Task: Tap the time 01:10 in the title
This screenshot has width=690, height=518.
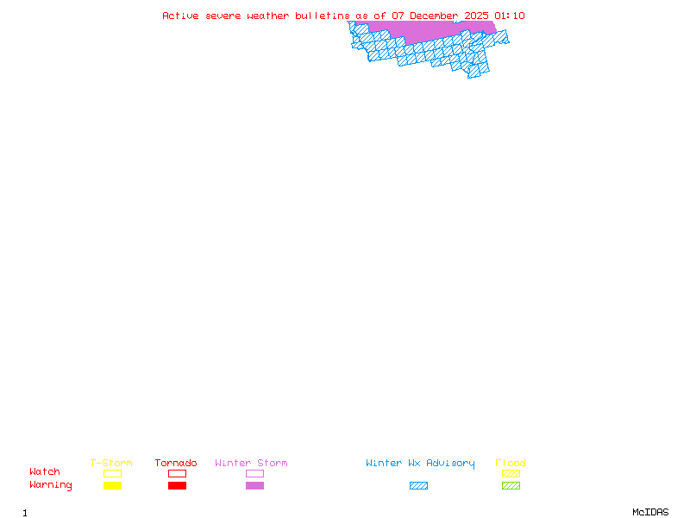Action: tap(510, 16)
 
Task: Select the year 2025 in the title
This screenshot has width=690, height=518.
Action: tap(476, 16)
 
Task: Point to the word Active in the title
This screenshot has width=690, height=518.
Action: tap(181, 16)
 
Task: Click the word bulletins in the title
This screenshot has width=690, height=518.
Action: tap(323, 16)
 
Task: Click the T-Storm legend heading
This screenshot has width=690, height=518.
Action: tap(111, 464)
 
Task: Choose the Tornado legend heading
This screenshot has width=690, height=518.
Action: tap(176, 464)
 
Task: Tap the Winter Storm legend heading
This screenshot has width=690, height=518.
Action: tap(251, 464)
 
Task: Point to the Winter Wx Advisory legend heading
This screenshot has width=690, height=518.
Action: tap(420, 464)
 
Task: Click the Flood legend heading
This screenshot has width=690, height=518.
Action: tap(511, 464)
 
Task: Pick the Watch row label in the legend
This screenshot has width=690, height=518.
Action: tap(45, 472)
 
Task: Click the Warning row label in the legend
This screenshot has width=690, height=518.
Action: tap(51, 485)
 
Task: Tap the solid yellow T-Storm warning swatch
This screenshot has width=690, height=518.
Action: tap(112, 486)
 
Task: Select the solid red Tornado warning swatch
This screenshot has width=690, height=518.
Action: tap(177, 486)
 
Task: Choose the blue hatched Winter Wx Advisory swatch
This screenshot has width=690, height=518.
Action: tap(418, 486)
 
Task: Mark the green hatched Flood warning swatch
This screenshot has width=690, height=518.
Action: tap(511, 486)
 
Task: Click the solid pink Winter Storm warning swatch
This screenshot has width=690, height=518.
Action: tap(254, 486)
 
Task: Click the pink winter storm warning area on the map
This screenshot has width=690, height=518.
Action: tap(423, 30)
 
